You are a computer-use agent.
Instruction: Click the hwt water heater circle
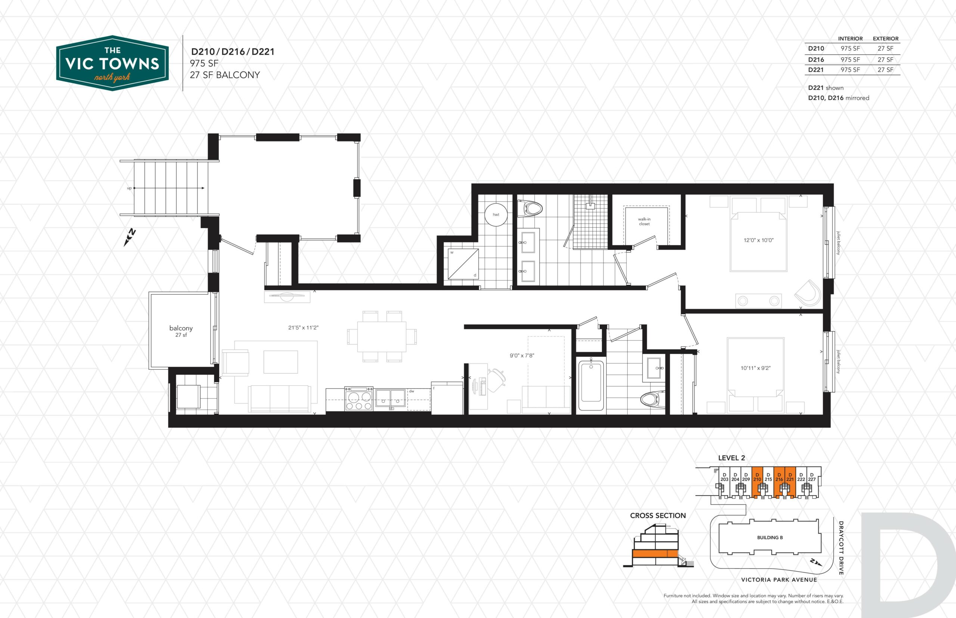tap(496, 215)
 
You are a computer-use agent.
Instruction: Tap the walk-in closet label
tap(644, 222)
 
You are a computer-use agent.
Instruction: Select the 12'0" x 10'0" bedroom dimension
tap(758, 240)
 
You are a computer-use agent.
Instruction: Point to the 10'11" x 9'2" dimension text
tap(755, 368)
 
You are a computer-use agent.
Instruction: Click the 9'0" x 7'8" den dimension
tap(522, 356)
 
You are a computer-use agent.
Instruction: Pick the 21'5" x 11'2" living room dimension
tap(303, 327)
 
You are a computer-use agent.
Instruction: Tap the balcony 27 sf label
tap(181, 331)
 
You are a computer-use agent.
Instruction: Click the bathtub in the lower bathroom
tap(591, 386)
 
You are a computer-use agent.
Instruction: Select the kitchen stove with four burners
tap(358, 399)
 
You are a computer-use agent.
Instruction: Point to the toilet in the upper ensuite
tap(530, 209)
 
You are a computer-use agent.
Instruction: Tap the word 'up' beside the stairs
tap(129, 188)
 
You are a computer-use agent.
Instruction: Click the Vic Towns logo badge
tap(112, 63)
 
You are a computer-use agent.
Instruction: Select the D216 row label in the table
tap(816, 59)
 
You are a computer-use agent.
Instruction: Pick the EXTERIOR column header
tap(886, 38)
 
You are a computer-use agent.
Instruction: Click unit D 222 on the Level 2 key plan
tap(801, 477)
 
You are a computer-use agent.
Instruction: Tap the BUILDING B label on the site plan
tap(770, 537)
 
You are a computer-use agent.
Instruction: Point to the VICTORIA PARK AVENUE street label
tap(779, 580)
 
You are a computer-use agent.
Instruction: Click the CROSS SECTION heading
tap(658, 516)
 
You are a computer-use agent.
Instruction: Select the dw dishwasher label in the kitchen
tap(412, 391)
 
